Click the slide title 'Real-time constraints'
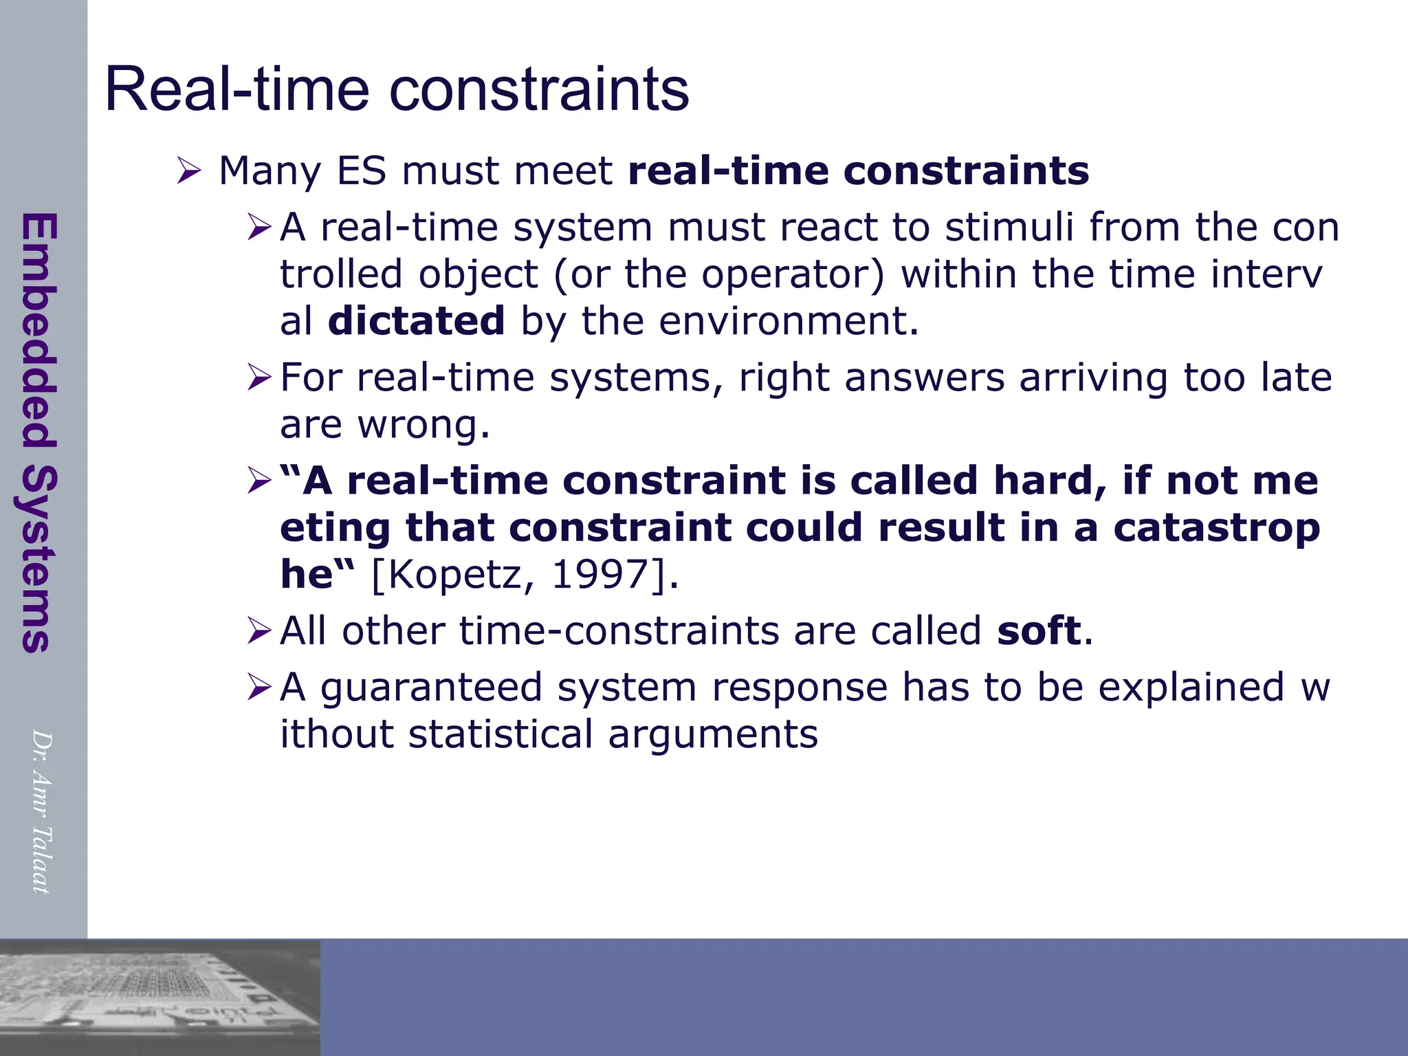[x=397, y=89]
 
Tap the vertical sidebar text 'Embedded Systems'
[x=38, y=432]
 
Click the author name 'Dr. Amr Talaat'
[x=41, y=812]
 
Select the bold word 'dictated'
[x=417, y=321]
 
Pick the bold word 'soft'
[x=1039, y=630]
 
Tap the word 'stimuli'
[x=1009, y=227]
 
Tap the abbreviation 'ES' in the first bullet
[x=362, y=170]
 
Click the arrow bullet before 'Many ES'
[x=188, y=170]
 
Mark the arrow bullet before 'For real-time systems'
[x=260, y=377]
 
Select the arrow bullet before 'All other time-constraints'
[x=260, y=630]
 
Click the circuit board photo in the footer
[x=159, y=998]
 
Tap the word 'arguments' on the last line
[x=713, y=734]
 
